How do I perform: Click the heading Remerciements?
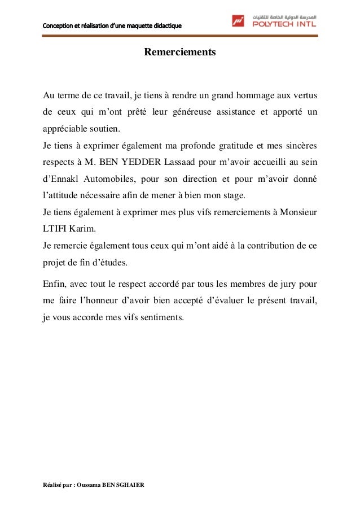click(x=180, y=53)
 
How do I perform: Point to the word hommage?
click(x=257, y=94)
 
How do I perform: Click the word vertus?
click(x=305, y=94)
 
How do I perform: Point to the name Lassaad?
click(x=179, y=163)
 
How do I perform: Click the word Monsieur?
click(x=297, y=214)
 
